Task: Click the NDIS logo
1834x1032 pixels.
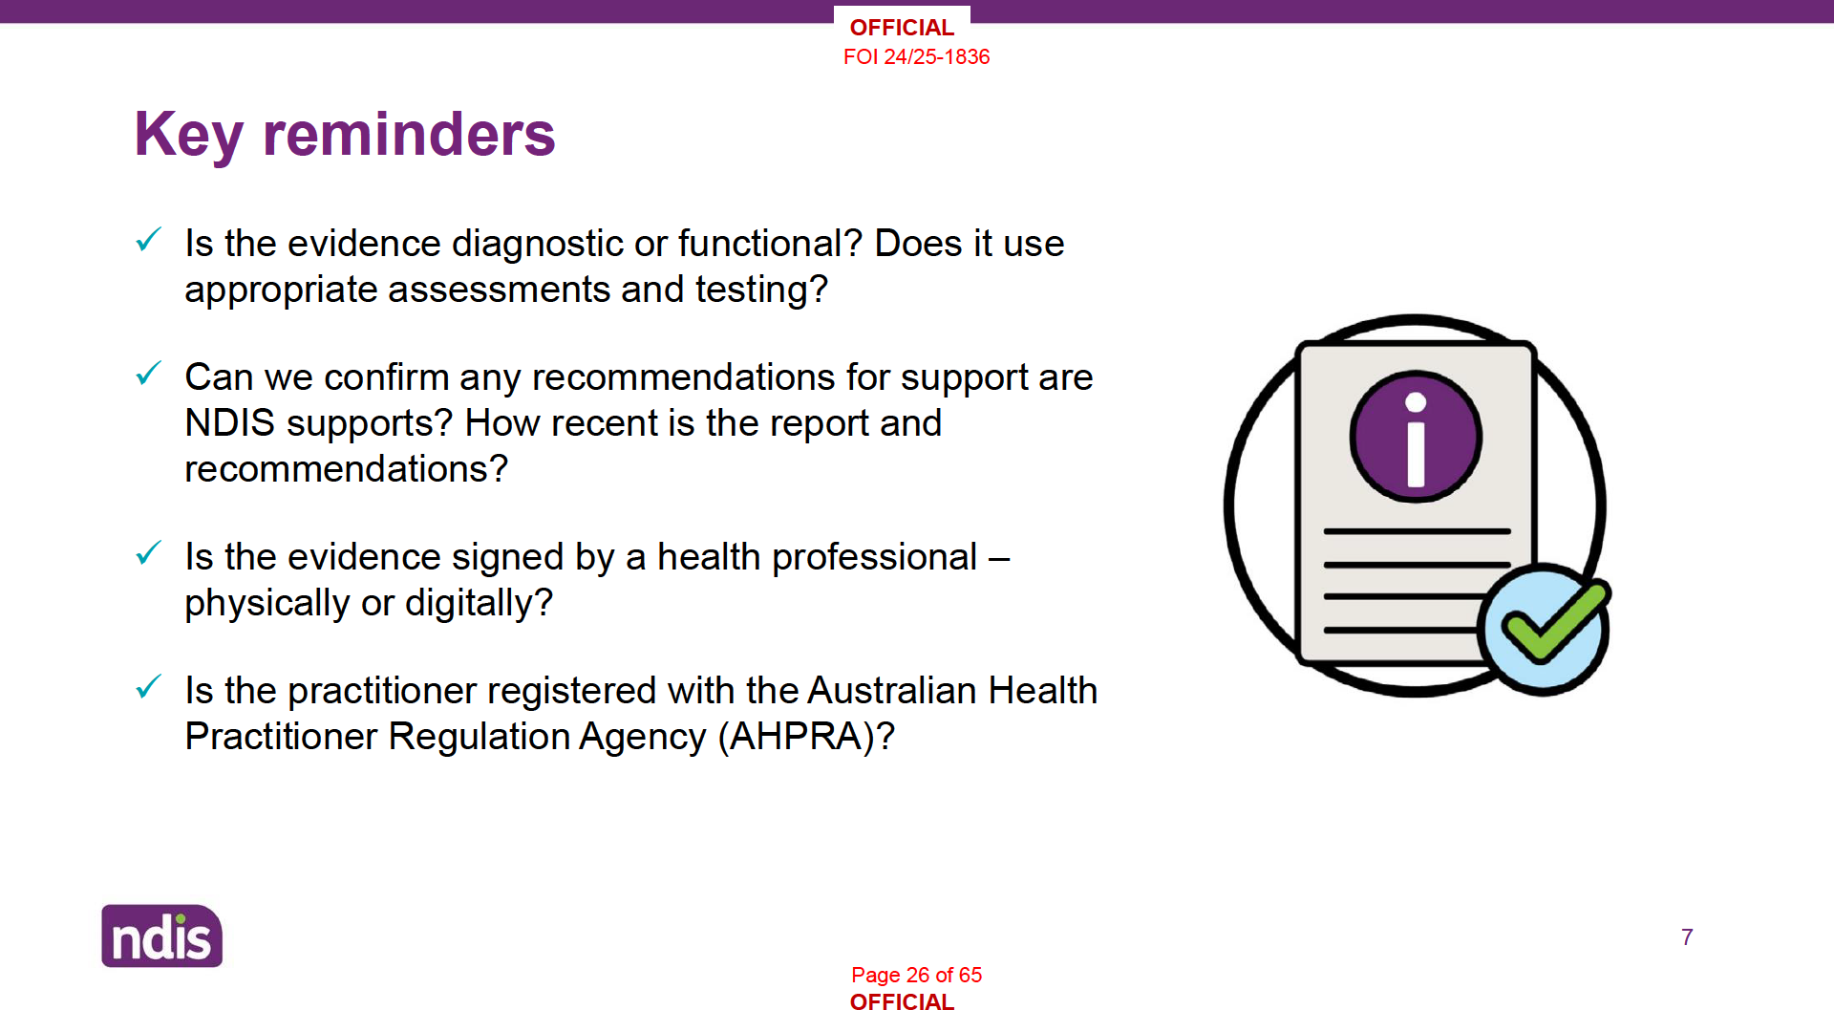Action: (x=162, y=936)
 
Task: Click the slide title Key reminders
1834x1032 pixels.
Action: (x=345, y=135)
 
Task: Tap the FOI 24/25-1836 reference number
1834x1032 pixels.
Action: (x=916, y=57)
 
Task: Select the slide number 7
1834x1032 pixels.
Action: (x=1687, y=937)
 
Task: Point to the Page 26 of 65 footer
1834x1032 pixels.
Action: (x=916, y=975)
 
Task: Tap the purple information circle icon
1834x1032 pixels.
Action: (x=1416, y=437)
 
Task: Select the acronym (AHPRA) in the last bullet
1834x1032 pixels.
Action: (x=806, y=737)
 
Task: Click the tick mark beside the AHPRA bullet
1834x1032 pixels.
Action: (x=149, y=686)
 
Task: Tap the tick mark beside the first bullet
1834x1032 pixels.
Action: (x=149, y=239)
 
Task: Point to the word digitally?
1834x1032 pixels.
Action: (x=479, y=604)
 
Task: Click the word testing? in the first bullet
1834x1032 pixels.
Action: (x=761, y=290)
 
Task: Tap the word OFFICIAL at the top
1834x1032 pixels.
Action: (x=902, y=28)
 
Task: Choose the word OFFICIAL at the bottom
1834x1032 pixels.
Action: (x=902, y=1002)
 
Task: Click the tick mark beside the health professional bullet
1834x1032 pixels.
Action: (x=149, y=552)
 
